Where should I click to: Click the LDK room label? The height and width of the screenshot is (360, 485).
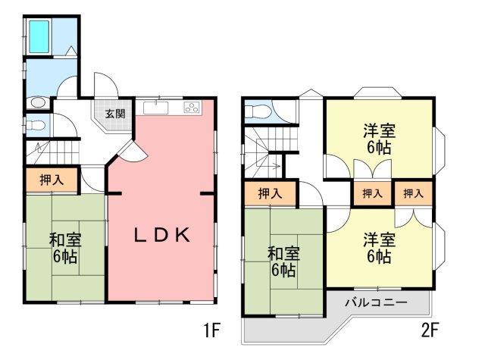pyautogui.click(x=161, y=236)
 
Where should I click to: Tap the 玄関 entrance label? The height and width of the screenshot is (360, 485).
pyautogui.click(x=115, y=114)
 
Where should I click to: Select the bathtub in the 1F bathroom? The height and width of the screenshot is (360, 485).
pyautogui.click(x=39, y=36)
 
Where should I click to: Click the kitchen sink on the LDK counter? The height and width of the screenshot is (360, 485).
pyautogui.click(x=156, y=108)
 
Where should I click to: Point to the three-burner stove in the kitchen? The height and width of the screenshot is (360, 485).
pyautogui.click(x=192, y=108)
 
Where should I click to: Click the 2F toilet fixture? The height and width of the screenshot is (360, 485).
pyautogui.click(x=257, y=111)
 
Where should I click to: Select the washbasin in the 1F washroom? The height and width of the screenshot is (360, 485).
pyautogui.click(x=38, y=102)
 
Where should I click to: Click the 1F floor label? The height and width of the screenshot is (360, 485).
pyautogui.click(x=211, y=330)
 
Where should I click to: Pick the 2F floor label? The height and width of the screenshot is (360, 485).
pyautogui.click(x=430, y=330)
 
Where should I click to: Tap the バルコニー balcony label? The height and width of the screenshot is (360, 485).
pyautogui.click(x=377, y=302)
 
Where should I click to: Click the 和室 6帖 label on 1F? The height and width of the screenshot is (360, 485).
pyautogui.click(x=65, y=248)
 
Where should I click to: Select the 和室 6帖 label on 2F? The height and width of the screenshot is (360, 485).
pyautogui.click(x=283, y=261)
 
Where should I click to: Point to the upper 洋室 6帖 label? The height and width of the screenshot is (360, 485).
pyautogui.click(x=379, y=139)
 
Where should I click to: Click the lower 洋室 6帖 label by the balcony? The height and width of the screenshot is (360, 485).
pyautogui.click(x=379, y=249)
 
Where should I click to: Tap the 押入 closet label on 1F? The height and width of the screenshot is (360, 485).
pyautogui.click(x=52, y=180)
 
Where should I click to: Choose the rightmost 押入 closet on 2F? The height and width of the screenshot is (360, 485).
pyautogui.click(x=414, y=193)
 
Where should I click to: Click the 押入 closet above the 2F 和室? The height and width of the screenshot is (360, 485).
pyautogui.click(x=271, y=193)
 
